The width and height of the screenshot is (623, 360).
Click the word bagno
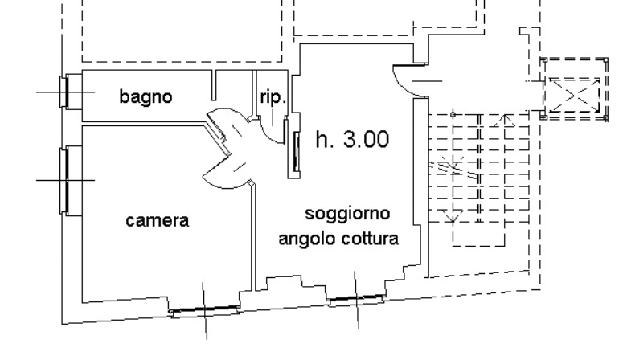146,97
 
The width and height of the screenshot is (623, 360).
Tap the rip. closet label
273,98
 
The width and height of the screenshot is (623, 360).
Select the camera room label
158,219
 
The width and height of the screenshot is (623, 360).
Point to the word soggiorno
347,214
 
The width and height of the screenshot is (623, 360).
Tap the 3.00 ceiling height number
366,140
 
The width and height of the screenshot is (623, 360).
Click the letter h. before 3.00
323,140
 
